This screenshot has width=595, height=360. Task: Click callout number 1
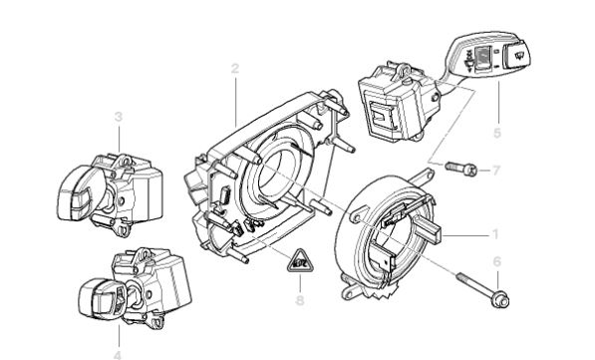494,234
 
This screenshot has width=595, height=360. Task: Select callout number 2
235,69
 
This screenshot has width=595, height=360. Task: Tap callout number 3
119,117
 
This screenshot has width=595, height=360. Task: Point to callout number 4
118,355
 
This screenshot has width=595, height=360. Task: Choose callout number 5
497,133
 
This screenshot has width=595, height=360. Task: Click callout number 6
496,261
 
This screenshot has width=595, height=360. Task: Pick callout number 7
496,171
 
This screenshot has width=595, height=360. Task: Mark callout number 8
300,301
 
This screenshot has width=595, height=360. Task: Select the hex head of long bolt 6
501,299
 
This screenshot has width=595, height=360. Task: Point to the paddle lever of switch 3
76,193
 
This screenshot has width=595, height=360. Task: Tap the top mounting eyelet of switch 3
125,161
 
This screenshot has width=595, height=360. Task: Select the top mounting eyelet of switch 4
144,255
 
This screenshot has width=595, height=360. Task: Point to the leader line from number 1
465,235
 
